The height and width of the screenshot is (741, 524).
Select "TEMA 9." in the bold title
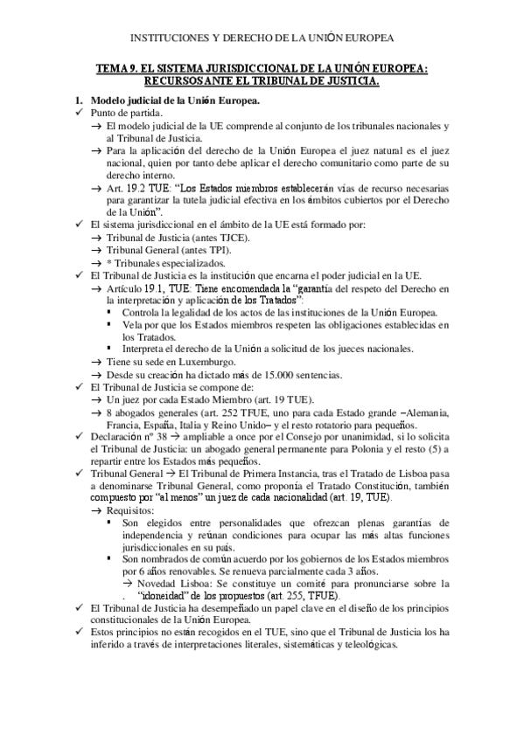coord(119,69)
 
